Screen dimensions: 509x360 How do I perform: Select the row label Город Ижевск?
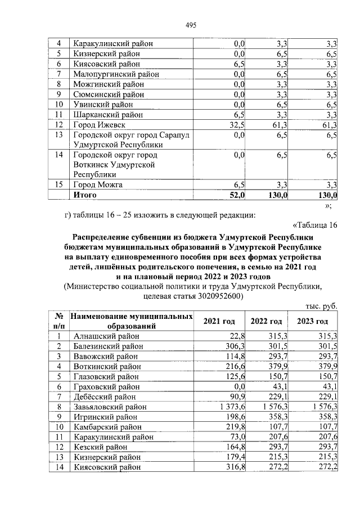[x=99, y=125]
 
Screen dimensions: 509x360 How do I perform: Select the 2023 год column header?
[x=313, y=321]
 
